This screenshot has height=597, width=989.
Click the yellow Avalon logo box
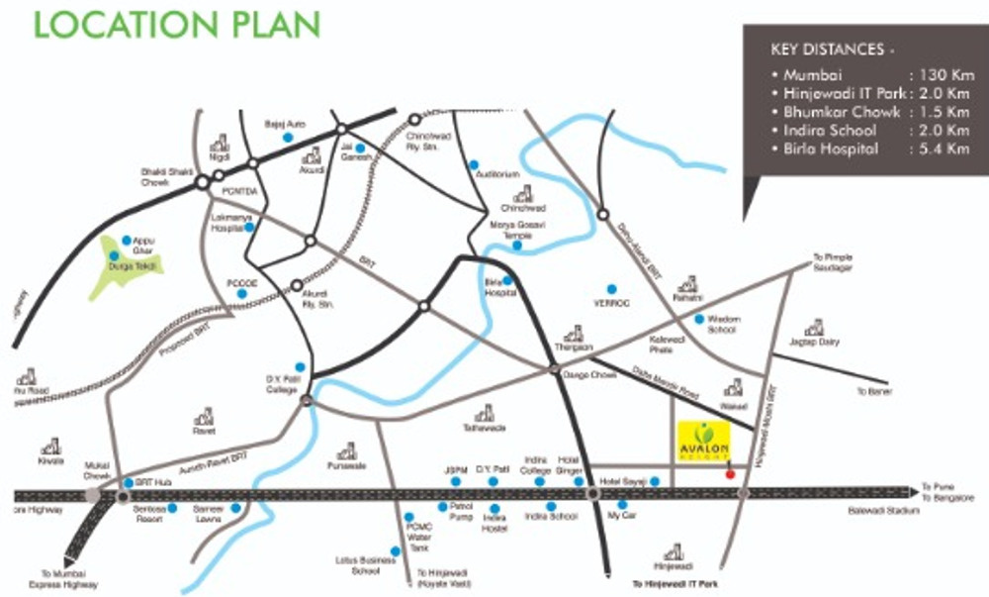click(704, 443)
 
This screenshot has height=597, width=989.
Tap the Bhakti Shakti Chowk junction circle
click(202, 182)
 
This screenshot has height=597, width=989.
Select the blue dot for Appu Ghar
click(127, 241)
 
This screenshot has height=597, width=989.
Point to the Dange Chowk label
click(582, 374)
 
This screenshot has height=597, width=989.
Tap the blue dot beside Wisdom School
click(698, 319)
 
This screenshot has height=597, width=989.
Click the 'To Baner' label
click(874, 392)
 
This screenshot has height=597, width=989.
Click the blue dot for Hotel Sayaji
click(655, 481)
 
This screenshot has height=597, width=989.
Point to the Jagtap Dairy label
click(814, 343)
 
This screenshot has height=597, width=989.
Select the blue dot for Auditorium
click(474, 164)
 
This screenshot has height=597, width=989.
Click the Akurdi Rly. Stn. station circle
click(296, 285)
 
